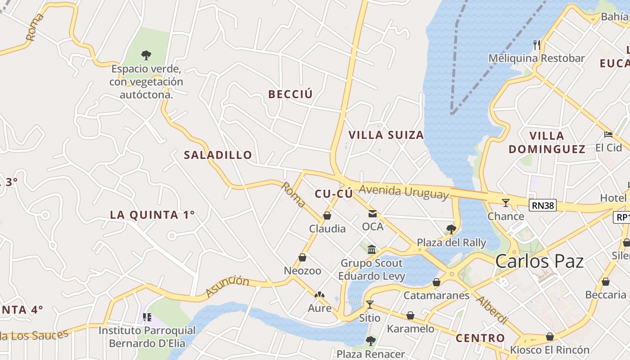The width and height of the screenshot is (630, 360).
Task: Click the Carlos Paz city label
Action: (x=540, y=261)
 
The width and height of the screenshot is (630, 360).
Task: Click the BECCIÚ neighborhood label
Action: (x=290, y=94)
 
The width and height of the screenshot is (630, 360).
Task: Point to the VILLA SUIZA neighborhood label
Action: (x=386, y=135)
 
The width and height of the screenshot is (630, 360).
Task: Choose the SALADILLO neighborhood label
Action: (x=218, y=155)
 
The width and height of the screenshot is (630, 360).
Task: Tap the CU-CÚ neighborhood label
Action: (x=333, y=194)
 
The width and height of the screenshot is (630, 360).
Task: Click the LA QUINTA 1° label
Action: (x=153, y=215)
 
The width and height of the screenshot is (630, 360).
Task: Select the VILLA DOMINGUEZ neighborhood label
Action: (x=547, y=142)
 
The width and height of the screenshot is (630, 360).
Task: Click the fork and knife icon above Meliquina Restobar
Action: (x=536, y=45)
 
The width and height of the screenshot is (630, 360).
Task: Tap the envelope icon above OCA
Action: (x=373, y=214)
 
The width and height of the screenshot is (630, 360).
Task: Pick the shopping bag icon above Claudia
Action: (x=327, y=216)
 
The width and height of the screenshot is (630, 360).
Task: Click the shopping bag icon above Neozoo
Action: (x=302, y=258)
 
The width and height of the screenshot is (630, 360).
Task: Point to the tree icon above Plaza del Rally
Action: (x=451, y=229)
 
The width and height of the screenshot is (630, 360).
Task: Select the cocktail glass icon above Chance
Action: (x=506, y=203)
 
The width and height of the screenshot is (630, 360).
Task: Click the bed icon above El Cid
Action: (x=608, y=135)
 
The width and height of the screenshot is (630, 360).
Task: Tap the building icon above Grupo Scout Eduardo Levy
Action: (x=372, y=249)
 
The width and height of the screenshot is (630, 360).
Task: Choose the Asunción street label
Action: (x=227, y=286)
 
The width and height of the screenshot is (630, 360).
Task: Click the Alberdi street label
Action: (x=492, y=310)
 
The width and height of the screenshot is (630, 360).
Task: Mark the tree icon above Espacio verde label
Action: (x=146, y=55)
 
